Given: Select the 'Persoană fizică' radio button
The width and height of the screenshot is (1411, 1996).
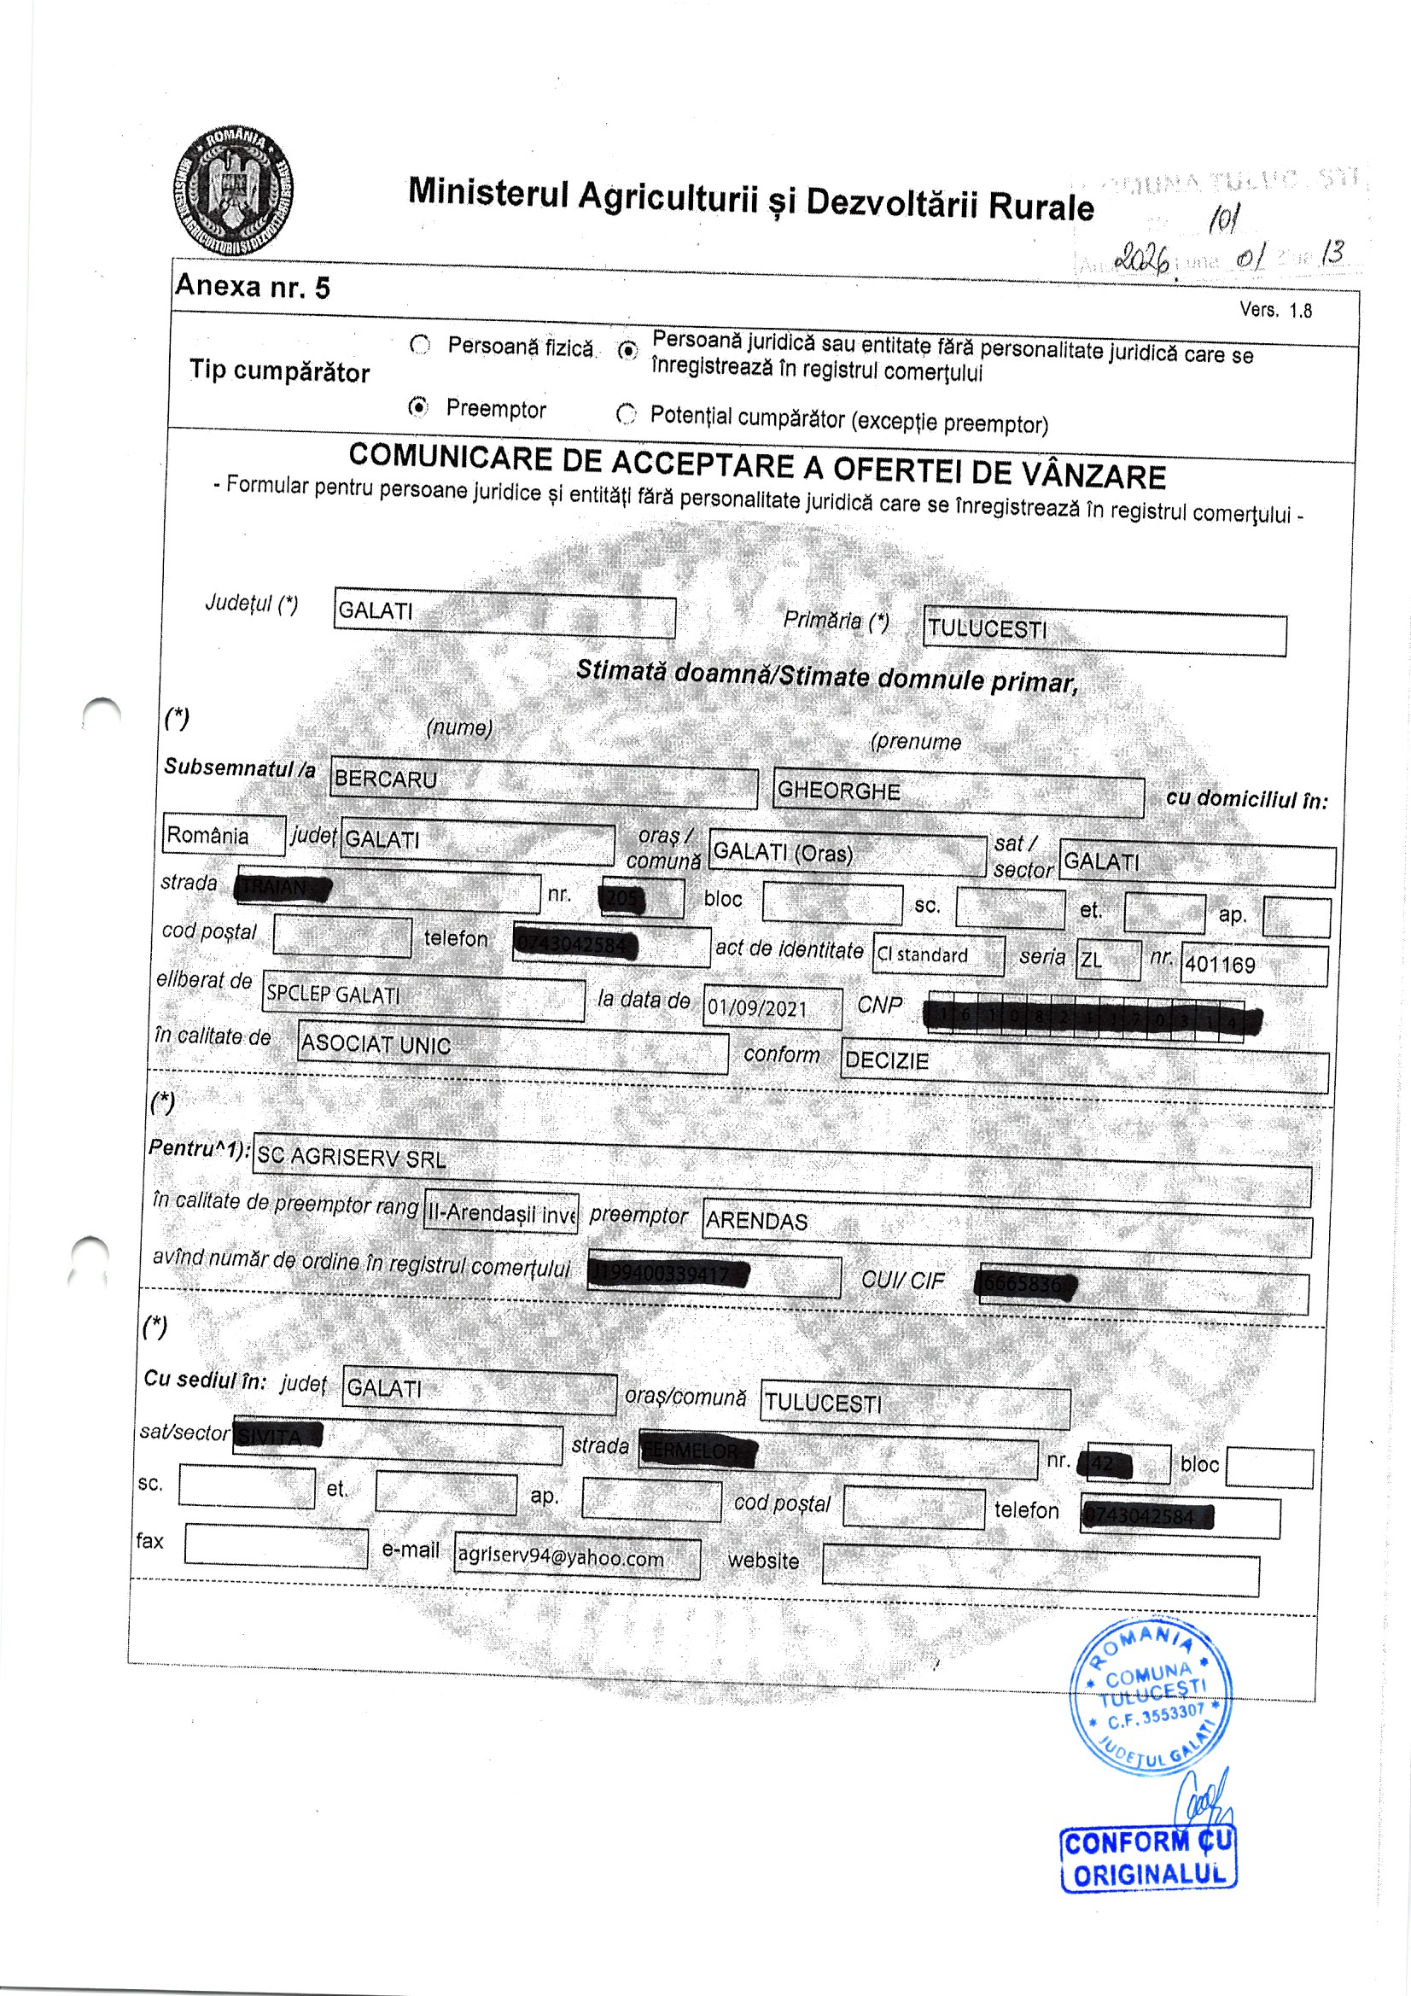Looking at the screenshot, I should tap(420, 345).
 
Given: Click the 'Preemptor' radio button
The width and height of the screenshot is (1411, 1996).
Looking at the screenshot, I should tap(419, 407).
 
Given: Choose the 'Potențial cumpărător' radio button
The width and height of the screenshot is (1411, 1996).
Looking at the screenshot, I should tap(626, 414).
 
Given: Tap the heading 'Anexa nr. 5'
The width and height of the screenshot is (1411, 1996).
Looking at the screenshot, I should tap(252, 287).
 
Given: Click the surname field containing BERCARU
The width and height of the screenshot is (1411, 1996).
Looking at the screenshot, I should tap(545, 783).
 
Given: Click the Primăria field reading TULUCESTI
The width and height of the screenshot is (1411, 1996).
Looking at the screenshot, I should tap(1103, 632).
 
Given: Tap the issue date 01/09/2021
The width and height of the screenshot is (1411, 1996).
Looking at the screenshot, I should tap(772, 1008).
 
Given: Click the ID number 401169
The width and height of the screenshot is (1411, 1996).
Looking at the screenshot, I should tap(1253, 965).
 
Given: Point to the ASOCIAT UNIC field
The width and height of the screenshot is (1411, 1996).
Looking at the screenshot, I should tap(512, 1047).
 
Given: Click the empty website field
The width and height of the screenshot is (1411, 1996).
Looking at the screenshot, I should tap(1040, 1575).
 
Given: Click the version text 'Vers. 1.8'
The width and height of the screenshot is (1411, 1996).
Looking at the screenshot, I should tap(1275, 311).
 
